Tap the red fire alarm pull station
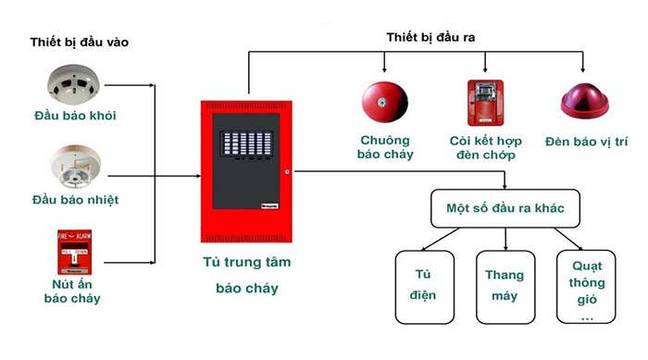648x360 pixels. point(74,247)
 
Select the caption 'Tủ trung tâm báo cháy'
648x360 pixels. point(246,275)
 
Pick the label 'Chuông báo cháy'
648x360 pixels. point(386,147)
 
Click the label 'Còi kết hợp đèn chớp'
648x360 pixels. point(486,147)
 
